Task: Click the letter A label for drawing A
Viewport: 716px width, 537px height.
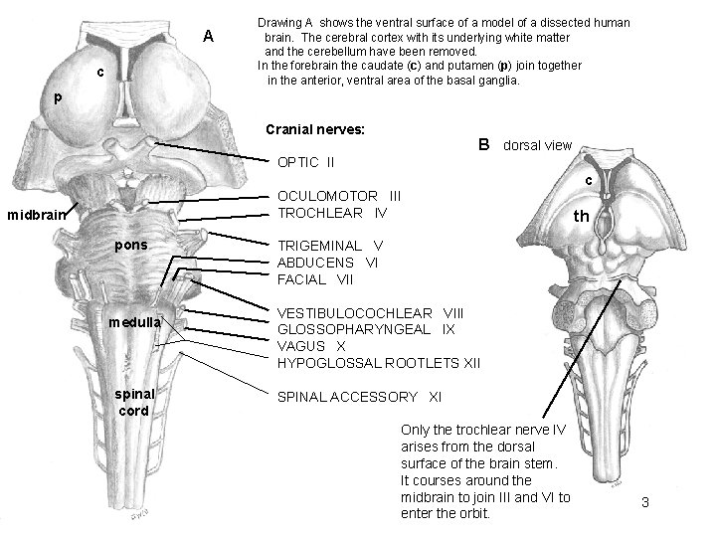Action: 209,37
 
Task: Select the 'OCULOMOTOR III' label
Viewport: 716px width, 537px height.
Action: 340,197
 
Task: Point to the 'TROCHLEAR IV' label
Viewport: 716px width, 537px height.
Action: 332,214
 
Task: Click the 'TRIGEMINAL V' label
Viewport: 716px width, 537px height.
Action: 330,246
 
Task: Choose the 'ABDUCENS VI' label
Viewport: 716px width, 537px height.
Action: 328,263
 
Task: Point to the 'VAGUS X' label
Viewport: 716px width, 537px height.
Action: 312,346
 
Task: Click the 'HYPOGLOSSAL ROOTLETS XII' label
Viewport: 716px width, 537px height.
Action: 379,363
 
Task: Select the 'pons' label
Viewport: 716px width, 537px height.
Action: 131,245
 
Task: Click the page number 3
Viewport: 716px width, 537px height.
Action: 645,503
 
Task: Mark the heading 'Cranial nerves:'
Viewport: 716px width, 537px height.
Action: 315,130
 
